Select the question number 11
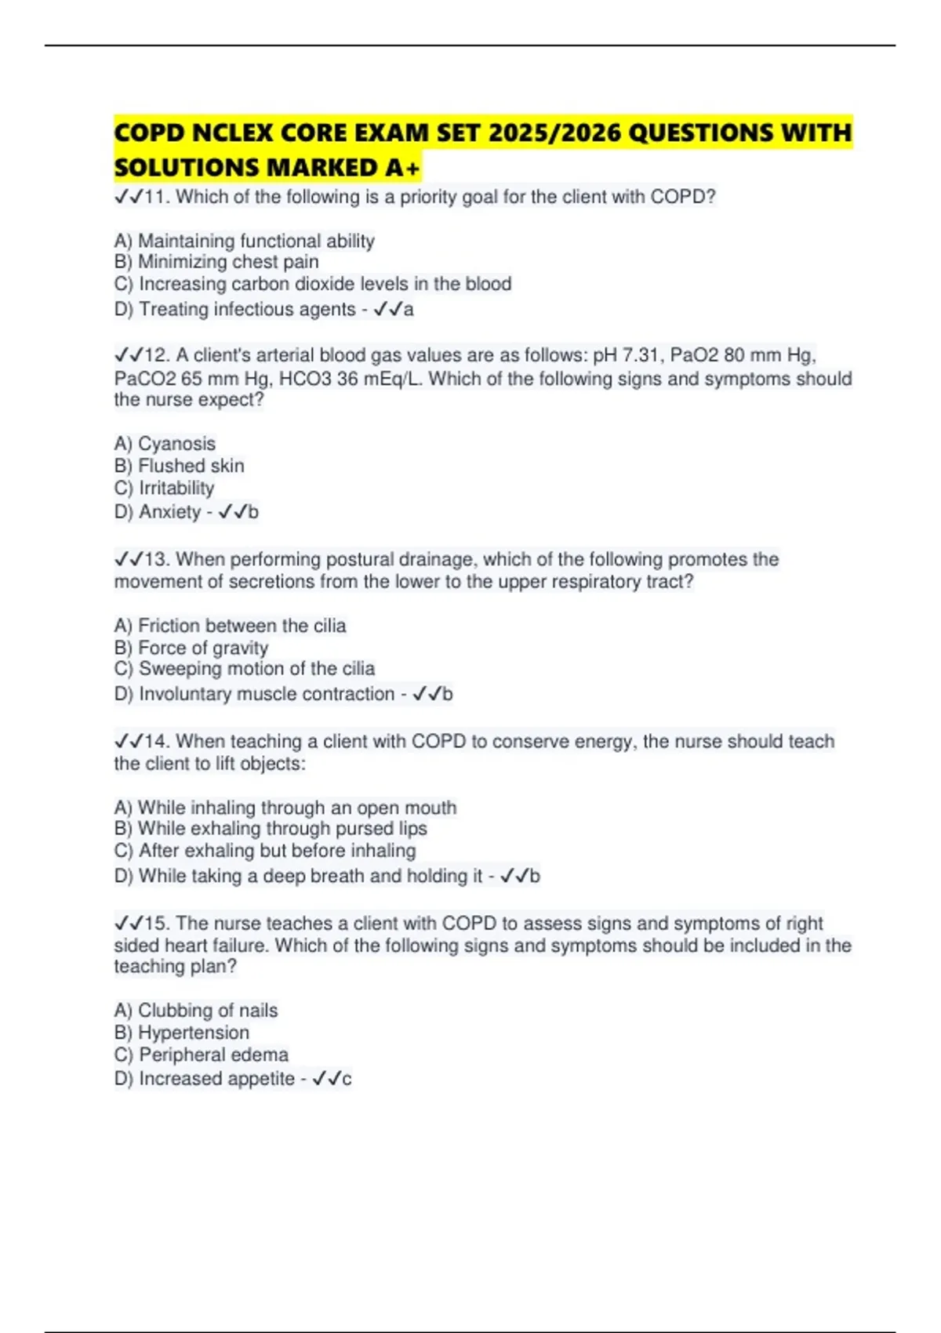tap(156, 197)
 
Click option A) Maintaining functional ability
tap(244, 241)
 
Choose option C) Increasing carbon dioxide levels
tap(312, 284)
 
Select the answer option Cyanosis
tap(176, 444)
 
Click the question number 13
tap(156, 559)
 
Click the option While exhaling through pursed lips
tap(282, 829)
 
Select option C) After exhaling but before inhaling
tap(264, 851)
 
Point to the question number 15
tap(156, 923)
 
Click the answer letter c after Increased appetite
tap(347, 1079)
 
